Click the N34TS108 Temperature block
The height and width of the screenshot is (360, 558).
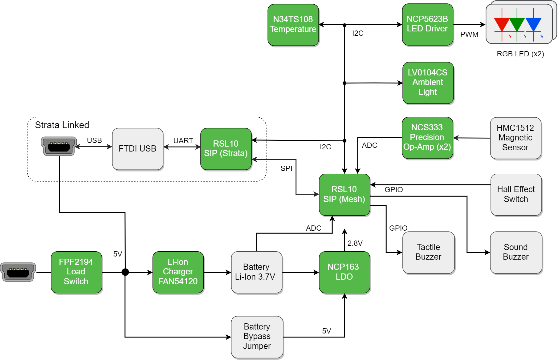coord(293,25)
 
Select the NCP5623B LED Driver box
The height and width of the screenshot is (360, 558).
coord(427,24)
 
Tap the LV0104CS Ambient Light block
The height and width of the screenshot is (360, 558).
coord(428,83)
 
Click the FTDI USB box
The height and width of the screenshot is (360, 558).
coord(137,149)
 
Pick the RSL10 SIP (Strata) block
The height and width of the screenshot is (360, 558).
coord(226,149)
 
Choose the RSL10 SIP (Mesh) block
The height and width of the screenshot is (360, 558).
coord(344,194)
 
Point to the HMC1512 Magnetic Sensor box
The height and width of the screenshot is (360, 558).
coord(515,138)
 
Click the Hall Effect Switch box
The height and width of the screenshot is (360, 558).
coord(516,194)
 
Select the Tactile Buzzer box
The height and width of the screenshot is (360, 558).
coord(428,252)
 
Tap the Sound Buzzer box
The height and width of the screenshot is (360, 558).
coord(516,252)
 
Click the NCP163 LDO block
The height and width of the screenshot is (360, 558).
coord(344,272)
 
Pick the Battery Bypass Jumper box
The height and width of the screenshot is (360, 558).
coord(257,337)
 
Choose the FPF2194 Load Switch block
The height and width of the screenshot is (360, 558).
coord(76,272)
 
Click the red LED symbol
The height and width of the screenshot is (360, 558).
coord(502,25)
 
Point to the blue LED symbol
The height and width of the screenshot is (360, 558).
coord(533,25)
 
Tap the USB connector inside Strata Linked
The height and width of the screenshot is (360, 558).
coord(59,146)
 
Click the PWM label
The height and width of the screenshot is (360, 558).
coord(469,34)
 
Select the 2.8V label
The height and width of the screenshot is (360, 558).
coord(355,243)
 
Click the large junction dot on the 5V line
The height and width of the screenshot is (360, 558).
coord(125,272)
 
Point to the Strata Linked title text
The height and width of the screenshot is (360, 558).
coord(62,125)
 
